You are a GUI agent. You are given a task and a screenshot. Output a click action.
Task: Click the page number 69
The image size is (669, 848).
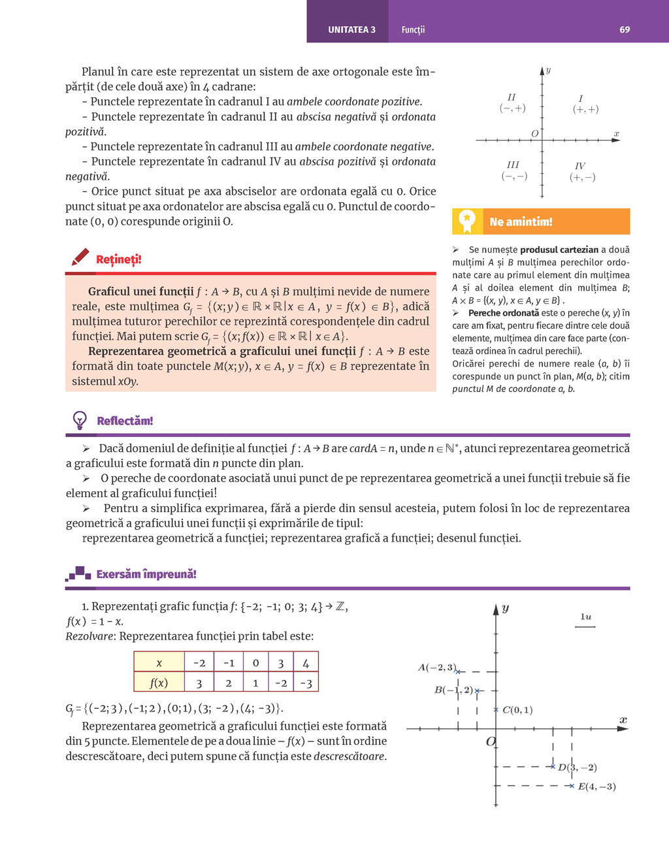click(625, 29)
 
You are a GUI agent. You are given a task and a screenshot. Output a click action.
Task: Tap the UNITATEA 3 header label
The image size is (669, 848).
click(351, 29)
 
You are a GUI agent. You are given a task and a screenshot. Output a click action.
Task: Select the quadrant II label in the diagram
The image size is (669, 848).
click(512, 97)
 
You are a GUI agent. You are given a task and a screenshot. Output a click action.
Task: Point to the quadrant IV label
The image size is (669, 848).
click(580, 166)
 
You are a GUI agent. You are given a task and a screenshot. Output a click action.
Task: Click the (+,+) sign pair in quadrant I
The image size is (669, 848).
click(585, 109)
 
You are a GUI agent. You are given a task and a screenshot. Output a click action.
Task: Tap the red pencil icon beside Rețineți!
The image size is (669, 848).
click(80, 257)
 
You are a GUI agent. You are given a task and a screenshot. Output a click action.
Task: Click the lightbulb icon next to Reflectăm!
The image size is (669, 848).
click(80, 420)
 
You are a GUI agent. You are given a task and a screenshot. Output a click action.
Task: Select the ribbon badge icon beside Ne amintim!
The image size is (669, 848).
click(466, 221)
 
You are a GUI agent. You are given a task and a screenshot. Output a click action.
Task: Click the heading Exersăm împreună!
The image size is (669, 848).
click(146, 574)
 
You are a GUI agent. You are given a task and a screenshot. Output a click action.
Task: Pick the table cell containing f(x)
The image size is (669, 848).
click(159, 682)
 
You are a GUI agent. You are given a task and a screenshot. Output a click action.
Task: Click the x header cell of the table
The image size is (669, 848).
click(159, 662)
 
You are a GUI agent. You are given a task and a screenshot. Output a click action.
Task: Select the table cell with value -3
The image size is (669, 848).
click(306, 683)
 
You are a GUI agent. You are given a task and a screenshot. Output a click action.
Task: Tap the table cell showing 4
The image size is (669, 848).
click(306, 662)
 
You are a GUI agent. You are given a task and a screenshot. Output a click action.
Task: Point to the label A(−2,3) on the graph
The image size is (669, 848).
click(436, 667)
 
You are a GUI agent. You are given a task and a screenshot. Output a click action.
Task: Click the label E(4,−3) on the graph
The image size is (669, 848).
click(596, 787)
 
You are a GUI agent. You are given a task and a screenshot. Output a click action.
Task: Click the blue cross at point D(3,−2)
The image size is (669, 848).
click(553, 766)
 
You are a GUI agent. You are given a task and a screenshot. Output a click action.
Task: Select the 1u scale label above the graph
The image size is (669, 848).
click(585, 617)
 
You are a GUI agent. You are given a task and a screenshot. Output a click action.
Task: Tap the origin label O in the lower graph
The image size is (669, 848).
click(491, 742)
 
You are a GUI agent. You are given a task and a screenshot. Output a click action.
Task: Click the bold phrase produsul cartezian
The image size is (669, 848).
click(559, 250)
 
